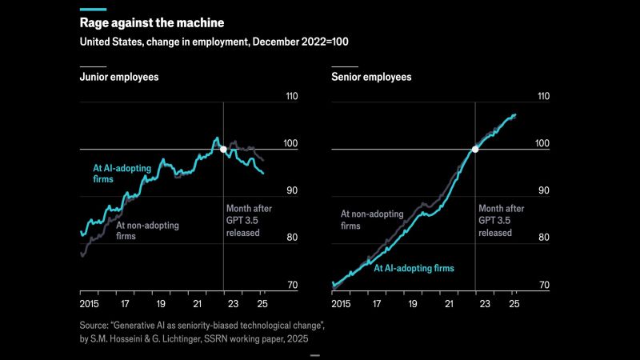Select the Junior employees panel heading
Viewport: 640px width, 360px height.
[118, 78]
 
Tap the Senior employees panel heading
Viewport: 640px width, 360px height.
[371, 78]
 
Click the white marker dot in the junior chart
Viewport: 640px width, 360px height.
[223, 150]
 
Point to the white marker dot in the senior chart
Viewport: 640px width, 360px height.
[475, 150]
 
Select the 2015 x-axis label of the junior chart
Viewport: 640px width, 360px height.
[90, 305]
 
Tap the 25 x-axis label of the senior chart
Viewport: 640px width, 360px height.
[514, 305]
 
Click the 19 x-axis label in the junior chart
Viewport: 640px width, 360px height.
[161, 305]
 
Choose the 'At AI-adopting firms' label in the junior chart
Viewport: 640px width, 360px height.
[115, 174]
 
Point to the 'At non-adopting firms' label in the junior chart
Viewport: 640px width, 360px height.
[148, 230]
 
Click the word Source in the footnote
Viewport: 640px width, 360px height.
[96, 326]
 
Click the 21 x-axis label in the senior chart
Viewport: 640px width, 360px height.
[450, 305]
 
